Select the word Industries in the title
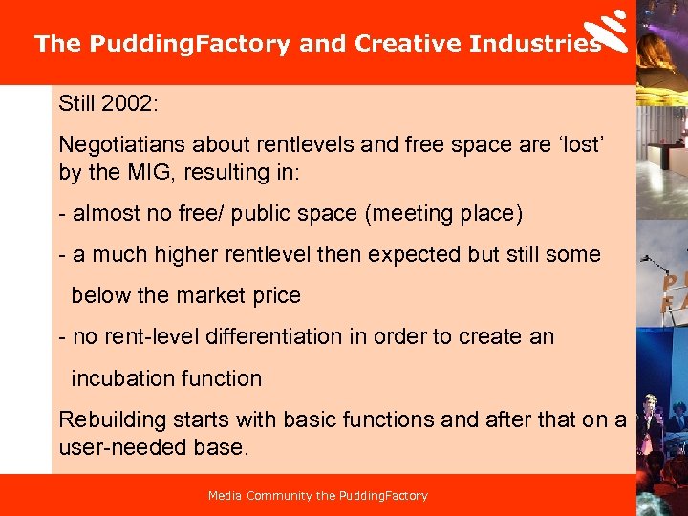tap(535, 44)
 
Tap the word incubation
tap(120, 377)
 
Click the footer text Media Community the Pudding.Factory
tap(318, 496)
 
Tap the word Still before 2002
tap(78, 102)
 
